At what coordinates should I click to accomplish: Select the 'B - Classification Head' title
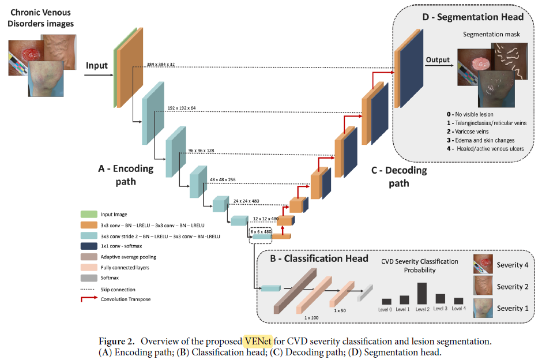click(319, 258)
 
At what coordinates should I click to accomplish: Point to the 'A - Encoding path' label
click(126, 175)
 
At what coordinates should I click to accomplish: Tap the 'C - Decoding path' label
click(398, 177)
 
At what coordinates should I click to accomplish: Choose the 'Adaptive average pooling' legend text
click(128, 257)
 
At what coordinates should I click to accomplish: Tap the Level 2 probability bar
click(421, 292)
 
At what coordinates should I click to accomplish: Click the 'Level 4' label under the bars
click(459, 309)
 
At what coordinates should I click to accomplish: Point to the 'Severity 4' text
click(513, 265)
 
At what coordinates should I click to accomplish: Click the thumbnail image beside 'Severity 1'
click(483, 308)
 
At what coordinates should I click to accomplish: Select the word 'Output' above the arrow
click(438, 59)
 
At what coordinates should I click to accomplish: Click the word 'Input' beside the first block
click(97, 65)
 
